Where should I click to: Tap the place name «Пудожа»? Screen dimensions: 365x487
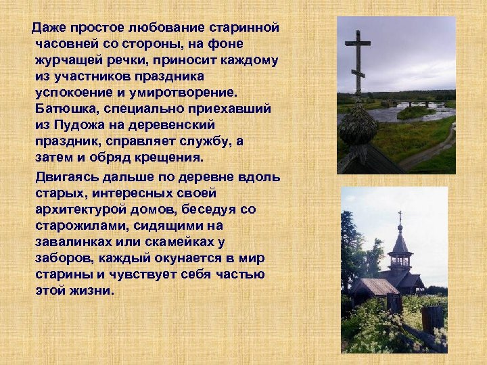coord(76,124)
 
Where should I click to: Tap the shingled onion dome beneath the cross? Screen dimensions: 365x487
coord(357,127)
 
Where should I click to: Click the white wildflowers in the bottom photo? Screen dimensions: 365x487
coord(379,324)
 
